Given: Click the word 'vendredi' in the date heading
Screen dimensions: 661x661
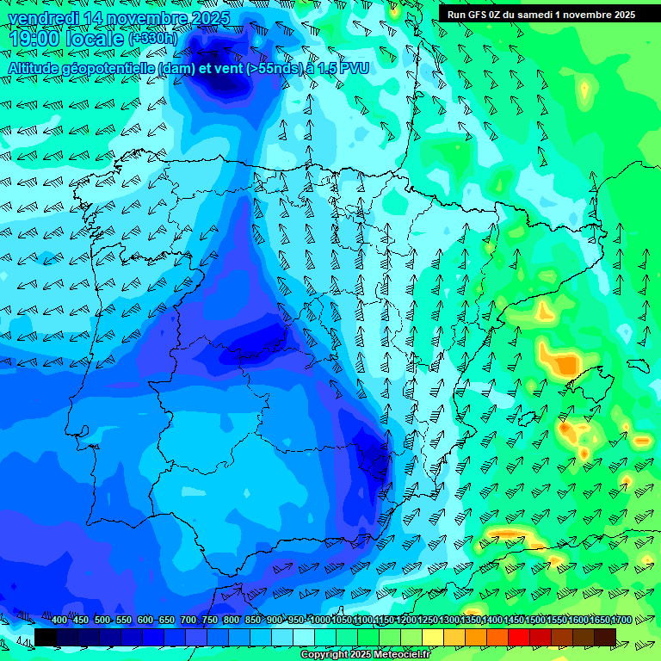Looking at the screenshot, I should pos(42,18).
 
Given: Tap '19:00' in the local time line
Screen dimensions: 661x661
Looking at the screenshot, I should pos(34,39).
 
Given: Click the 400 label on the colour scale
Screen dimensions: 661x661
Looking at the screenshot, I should pos(59,621).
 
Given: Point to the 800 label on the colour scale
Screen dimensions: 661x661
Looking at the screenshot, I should pos(231,621).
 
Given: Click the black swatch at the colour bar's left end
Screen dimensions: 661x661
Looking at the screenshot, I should pos(46,637).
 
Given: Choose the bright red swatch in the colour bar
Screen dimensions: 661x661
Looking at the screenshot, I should pos(519,637).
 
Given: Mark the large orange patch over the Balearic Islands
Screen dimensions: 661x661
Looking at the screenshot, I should pos(561,362).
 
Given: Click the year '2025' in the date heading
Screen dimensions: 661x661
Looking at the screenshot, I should pos(210,18).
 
